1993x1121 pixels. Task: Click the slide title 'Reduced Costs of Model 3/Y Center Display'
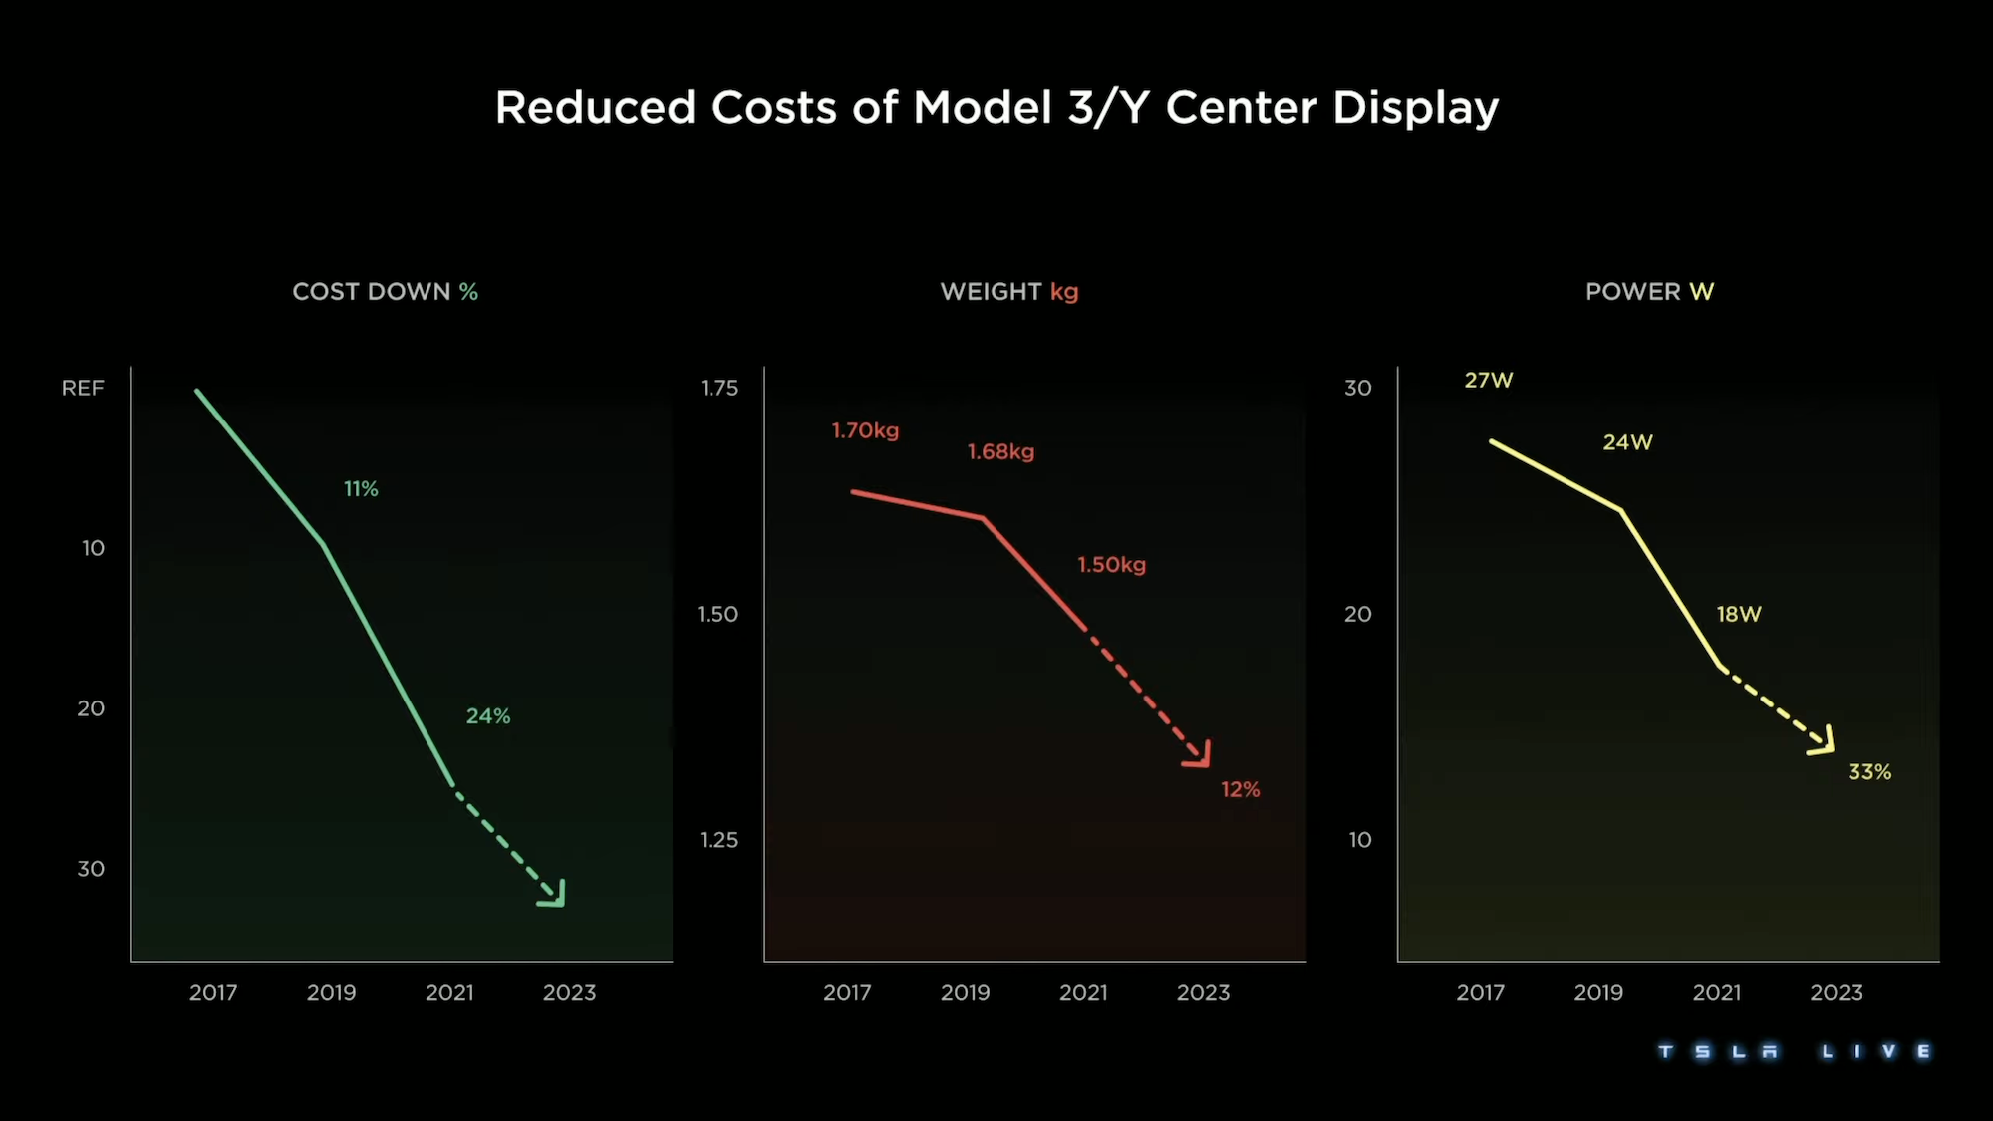coord(996,108)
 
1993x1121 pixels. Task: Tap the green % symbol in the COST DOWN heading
coord(468,292)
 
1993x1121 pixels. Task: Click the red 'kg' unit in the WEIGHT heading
coord(1064,292)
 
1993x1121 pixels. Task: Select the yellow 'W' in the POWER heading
coord(1701,292)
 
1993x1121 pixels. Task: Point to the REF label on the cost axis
coord(83,388)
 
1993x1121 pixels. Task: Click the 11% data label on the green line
coord(361,489)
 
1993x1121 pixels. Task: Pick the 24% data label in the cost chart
coord(488,716)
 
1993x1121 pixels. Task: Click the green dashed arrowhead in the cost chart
coord(555,895)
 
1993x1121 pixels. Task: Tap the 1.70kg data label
coord(865,430)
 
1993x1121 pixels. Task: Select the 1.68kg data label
coord(1000,452)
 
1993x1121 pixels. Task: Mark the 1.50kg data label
coord(1111,565)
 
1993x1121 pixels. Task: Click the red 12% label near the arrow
coord(1240,790)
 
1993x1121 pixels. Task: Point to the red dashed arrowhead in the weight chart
coord(1200,756)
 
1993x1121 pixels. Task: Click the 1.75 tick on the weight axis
coord(718,388)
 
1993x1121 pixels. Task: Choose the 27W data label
coord(1488,380)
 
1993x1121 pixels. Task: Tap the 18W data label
coord(1738,615)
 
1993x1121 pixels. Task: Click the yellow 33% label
coord(1868,772)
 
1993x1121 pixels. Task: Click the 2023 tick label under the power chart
coord(1836,993)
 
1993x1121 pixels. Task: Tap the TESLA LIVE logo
coord(1794,1052)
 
